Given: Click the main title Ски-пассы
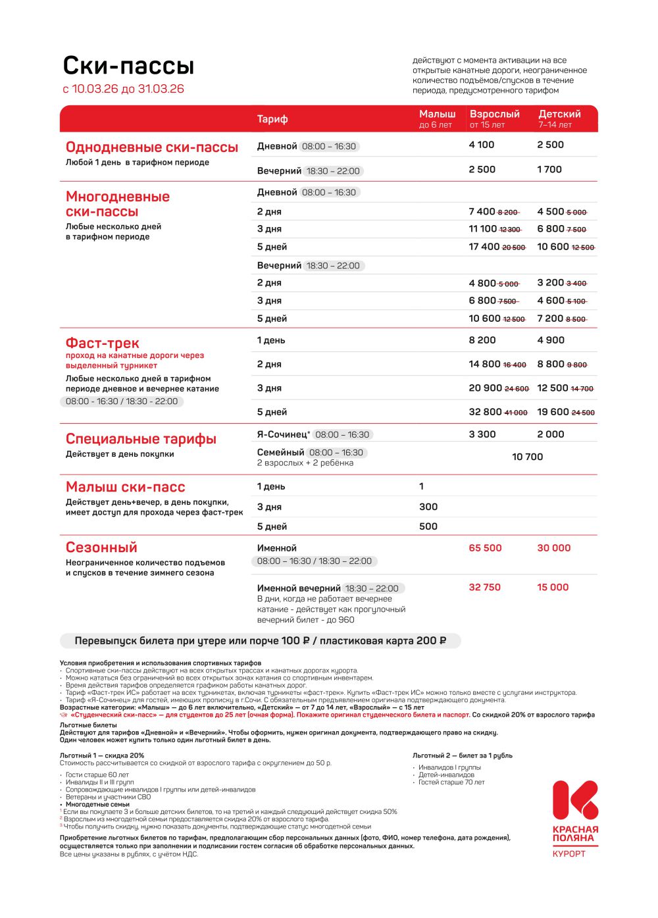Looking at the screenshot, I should (x=128, y=66).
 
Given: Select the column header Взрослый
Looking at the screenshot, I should (x=494, y=115).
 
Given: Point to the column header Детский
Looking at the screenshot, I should (x=559, y=115).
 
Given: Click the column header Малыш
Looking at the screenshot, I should (x=437, y=115).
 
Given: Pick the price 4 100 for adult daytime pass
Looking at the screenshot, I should (x=481, y=145).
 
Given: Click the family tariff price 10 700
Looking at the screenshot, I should (x=527, y=457).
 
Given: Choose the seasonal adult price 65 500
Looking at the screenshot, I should (x=485, y=548).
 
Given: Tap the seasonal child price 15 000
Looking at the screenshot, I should (x=553, y=587).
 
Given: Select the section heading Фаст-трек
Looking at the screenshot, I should (x=102, y=343).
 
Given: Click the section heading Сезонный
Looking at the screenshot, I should (x=101, y=547).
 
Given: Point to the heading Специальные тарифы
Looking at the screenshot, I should (x=141, y=439).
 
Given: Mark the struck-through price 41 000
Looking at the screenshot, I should (x=516, y=413).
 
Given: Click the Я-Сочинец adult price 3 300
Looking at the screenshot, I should (x=482, y=434).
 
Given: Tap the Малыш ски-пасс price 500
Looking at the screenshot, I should (x=428, y=526).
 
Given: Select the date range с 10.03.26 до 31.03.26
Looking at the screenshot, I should (x=123, y=89).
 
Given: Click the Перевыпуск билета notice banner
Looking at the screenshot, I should (x=260, y=640).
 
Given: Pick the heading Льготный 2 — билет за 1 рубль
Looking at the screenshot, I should (x=462, y=755).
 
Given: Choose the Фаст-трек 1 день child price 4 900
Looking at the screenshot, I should (x=551, y=340).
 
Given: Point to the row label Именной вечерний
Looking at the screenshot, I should (x=299, y=588).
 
